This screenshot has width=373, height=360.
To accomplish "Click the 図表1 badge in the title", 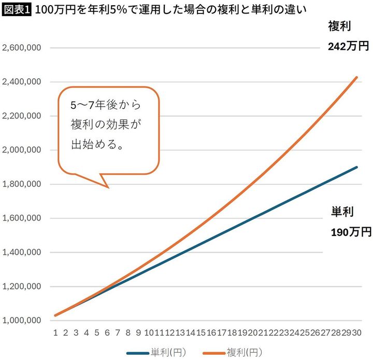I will [x=16, y=10].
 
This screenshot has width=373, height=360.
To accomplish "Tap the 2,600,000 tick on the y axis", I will [x=22, y=48].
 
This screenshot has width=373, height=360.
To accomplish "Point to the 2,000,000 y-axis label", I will [x=22, y=150].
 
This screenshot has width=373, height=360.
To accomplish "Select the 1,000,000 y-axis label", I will [x=22, y=320].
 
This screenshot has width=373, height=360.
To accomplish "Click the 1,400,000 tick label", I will [x=22, y=252].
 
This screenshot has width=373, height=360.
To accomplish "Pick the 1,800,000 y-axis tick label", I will [x=22, y=184].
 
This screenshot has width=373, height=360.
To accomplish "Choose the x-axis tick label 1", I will [x=55, y=333].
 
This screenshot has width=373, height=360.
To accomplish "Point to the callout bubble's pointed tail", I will [x=108, y=187].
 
